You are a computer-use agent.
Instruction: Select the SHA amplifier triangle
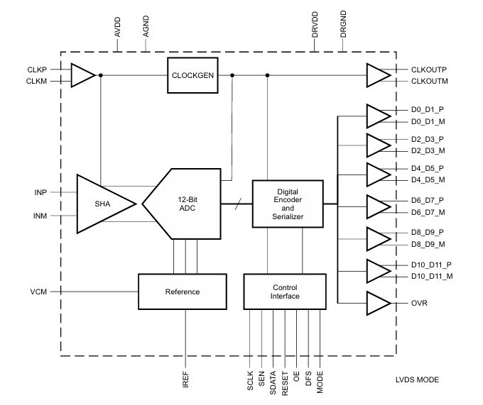pyautogui.click(x=103, y=203)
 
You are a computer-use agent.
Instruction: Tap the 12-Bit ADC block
pyautogui.click(x=186, y=204)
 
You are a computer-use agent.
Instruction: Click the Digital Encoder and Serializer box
pyautogui.click(x=288, y=204)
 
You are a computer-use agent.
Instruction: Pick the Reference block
pyautogui.click(x=183, y=292)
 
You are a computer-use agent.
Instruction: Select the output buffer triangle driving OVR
pyautogui.click(x=377, y=303)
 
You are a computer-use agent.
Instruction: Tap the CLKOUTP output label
pyautogui.click(x=429, y=70)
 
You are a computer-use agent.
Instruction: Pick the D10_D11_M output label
pyautogui.click(x=431, y=276)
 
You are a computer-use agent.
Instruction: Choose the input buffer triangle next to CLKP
pyautogui.click(x=82, y=74)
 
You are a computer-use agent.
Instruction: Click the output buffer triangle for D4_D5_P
pyautogui.click(x=377, y=174)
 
